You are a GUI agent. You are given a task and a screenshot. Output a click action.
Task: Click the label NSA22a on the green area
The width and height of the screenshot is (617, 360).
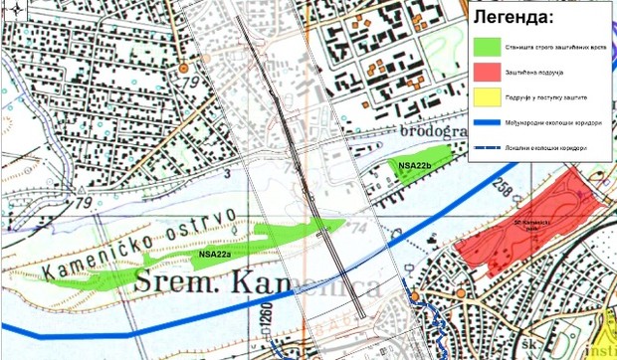pos(215,256)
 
